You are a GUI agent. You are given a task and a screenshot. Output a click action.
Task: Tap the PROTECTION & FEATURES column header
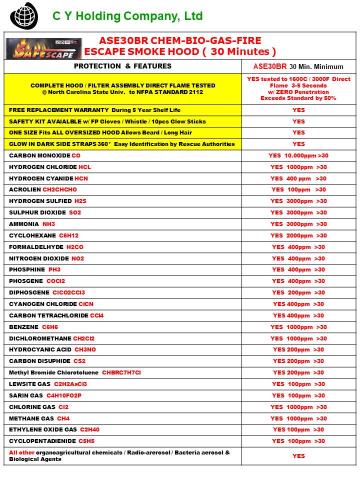(122, 66)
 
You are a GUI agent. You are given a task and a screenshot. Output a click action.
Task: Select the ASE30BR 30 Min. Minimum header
(298, 66)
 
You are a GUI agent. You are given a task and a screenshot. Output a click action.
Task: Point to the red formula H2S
(80, 201)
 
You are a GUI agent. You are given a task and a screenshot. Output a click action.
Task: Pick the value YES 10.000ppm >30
(298, 155)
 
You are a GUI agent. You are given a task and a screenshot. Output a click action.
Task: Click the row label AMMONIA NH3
(32, 224)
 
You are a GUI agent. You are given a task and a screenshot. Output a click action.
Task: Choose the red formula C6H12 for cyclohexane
(69, 235)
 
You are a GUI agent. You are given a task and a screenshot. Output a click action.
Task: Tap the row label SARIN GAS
(26, 395)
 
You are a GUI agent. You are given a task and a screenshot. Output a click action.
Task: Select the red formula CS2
(79, 361)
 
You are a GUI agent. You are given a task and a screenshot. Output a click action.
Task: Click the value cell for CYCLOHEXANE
(298, 235)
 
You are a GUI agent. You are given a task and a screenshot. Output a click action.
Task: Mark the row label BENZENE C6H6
(33, 327)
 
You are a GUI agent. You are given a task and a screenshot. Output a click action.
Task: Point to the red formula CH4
(63, 418)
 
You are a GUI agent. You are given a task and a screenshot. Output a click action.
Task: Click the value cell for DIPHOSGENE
(298, 292)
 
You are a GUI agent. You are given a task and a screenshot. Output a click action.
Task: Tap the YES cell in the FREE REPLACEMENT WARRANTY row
(298, 110)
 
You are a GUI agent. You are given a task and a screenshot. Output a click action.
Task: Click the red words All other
(21, 452)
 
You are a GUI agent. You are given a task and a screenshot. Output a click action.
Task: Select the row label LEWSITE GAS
(29, 384)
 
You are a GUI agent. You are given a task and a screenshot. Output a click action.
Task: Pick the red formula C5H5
(86, 441)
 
